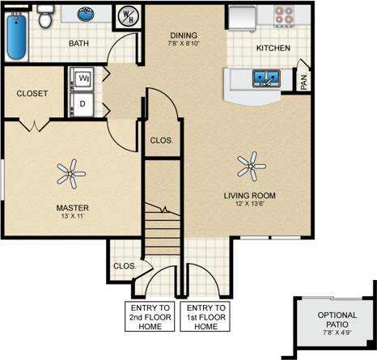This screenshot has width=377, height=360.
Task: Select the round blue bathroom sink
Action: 84,14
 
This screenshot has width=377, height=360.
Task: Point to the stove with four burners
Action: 285,15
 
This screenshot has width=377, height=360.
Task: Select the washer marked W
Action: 84,78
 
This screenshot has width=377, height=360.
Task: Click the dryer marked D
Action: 83,103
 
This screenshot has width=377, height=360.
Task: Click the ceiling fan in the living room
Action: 252,167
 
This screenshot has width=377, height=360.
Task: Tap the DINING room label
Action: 184,35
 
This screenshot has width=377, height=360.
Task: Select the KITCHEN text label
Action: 273,49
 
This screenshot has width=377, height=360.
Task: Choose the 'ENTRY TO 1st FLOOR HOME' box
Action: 206,316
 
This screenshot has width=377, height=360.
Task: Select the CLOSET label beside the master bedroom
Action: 32,93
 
